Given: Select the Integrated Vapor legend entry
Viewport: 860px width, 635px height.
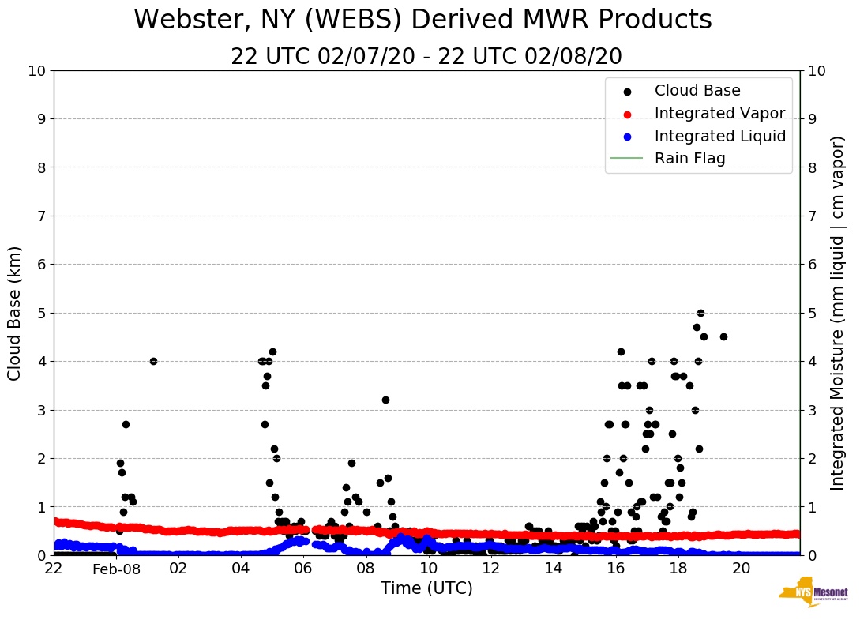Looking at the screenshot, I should pyautogui.click(x=719, y=113).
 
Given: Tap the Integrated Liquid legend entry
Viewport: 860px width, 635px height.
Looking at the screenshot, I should pyautogui.click(x=719, y=136).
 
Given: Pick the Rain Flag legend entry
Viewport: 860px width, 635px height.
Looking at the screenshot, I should pyautogui.click(x=689, y=158).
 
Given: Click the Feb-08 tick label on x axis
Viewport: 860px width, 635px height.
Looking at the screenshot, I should pyautogui.click(x=116, y=569).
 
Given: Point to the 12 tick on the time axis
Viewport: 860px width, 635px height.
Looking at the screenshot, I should pyautogui.click(x=490, y=569).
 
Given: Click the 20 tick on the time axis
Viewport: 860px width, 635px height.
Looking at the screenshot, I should pyautogui.click(x=741, y=569).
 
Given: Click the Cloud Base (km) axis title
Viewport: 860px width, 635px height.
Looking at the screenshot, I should pyautogui.click(x=15, y=313).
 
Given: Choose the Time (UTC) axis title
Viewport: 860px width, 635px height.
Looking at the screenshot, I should pyautogui.click(x=426, y=588).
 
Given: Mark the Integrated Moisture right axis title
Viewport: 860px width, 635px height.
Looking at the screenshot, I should pyautogui.click(x=837, y=313).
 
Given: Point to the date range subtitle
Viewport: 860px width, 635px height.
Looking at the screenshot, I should pyautogui.click(x=426, y=57).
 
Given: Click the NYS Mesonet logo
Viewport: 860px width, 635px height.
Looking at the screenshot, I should pyautogui.click(x=813, y=592).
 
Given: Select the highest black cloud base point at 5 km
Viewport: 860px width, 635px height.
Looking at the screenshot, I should pyautogui.click(x=700, y=313).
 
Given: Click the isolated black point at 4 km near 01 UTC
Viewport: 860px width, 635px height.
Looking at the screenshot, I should pyautogui.click(x=153, y=361).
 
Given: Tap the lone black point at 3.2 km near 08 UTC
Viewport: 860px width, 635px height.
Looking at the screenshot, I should pyautogui.click(x=385, y=400).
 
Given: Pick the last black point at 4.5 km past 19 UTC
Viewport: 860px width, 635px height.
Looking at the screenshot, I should pyautogui.click(x=723, y=336).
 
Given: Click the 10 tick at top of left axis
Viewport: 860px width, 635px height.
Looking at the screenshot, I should pyautogui.click(x=35, y=70).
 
